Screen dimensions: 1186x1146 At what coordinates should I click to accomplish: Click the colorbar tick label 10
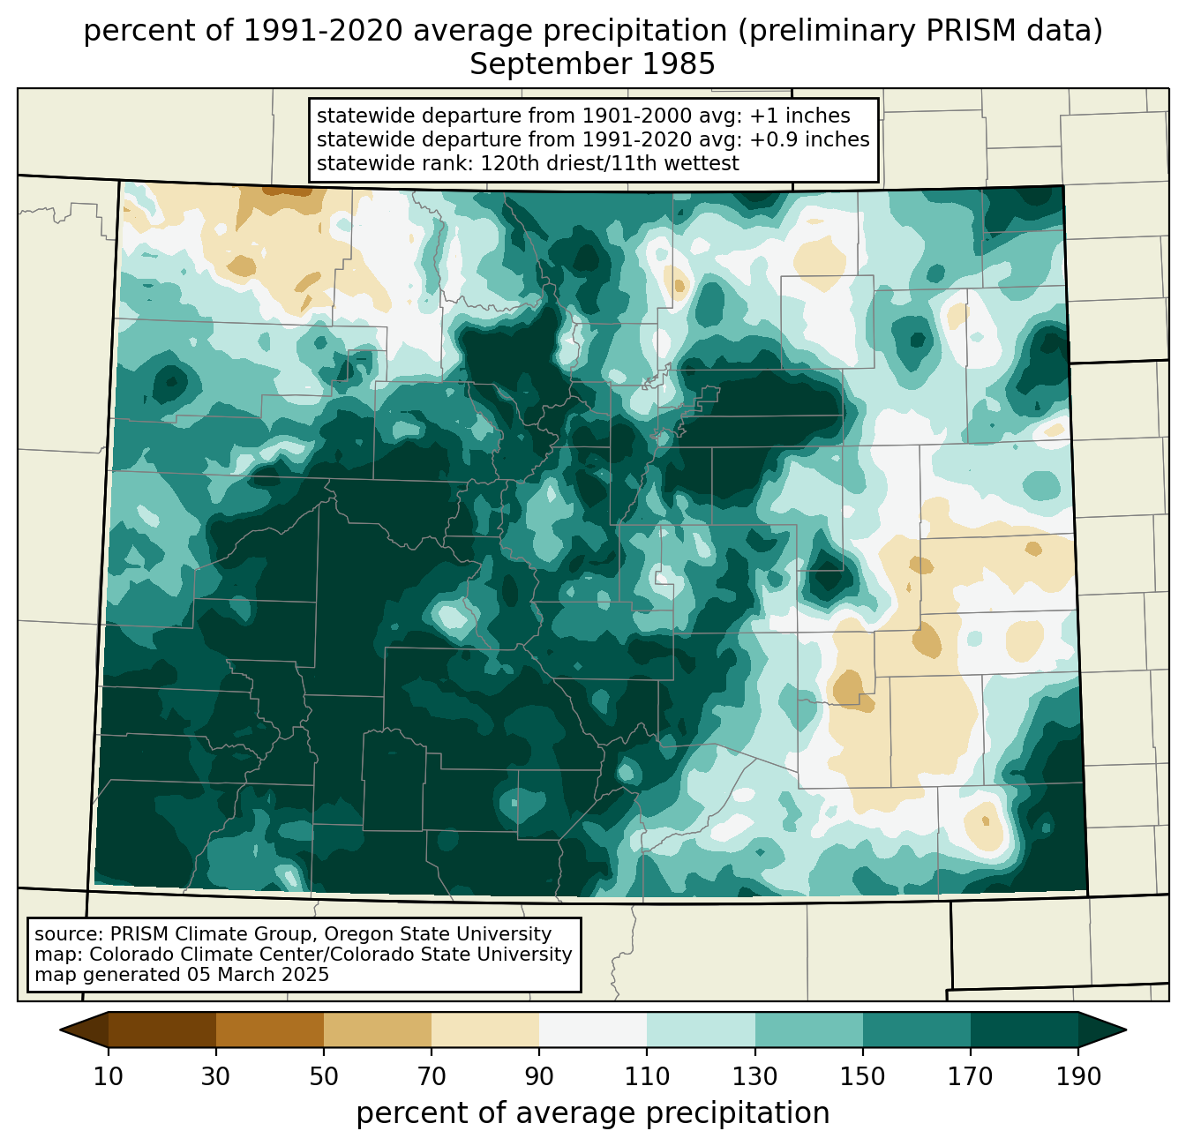[108, 1077]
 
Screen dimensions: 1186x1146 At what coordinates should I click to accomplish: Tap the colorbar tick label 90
[539, 1077]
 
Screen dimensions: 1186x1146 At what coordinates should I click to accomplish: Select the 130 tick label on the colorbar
[754, 1077]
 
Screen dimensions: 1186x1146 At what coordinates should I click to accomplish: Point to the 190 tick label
[1078, 1077]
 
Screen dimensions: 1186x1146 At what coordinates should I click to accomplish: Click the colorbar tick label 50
[324, 1077]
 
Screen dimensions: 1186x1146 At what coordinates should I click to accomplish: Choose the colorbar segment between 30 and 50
[269, 1030]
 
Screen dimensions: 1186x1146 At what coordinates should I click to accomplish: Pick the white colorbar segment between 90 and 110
[593, 1030]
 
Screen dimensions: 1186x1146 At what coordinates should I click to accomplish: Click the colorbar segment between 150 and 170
[916, 1030]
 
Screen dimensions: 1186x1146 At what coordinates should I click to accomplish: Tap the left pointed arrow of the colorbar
[84, 1030]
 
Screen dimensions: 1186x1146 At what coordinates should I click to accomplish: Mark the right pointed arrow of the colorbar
[1102, 1030]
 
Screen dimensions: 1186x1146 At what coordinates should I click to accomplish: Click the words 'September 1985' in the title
[592, 64]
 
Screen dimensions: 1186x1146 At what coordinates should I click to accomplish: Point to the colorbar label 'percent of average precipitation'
[592, 1113]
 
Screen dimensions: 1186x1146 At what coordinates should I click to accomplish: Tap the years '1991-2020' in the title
[323, 31]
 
